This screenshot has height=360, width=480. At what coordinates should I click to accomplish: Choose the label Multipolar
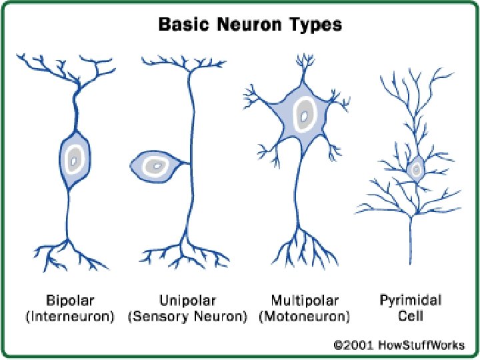pyautogui.click(x=305, y=300)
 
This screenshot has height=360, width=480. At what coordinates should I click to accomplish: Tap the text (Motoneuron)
pyautogui.click(x=305, y=317)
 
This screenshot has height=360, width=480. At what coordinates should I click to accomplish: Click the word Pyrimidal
pyautogui.click(x=410, y=300)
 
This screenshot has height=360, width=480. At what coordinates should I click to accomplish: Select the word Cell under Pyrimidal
pyautogui.click(x=410, y=317)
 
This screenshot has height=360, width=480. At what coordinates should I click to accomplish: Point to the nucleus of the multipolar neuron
pyautogui.click(x=304, y=117)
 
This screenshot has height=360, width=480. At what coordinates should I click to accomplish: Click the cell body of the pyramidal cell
pyautogui.click(x=415, y=169)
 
